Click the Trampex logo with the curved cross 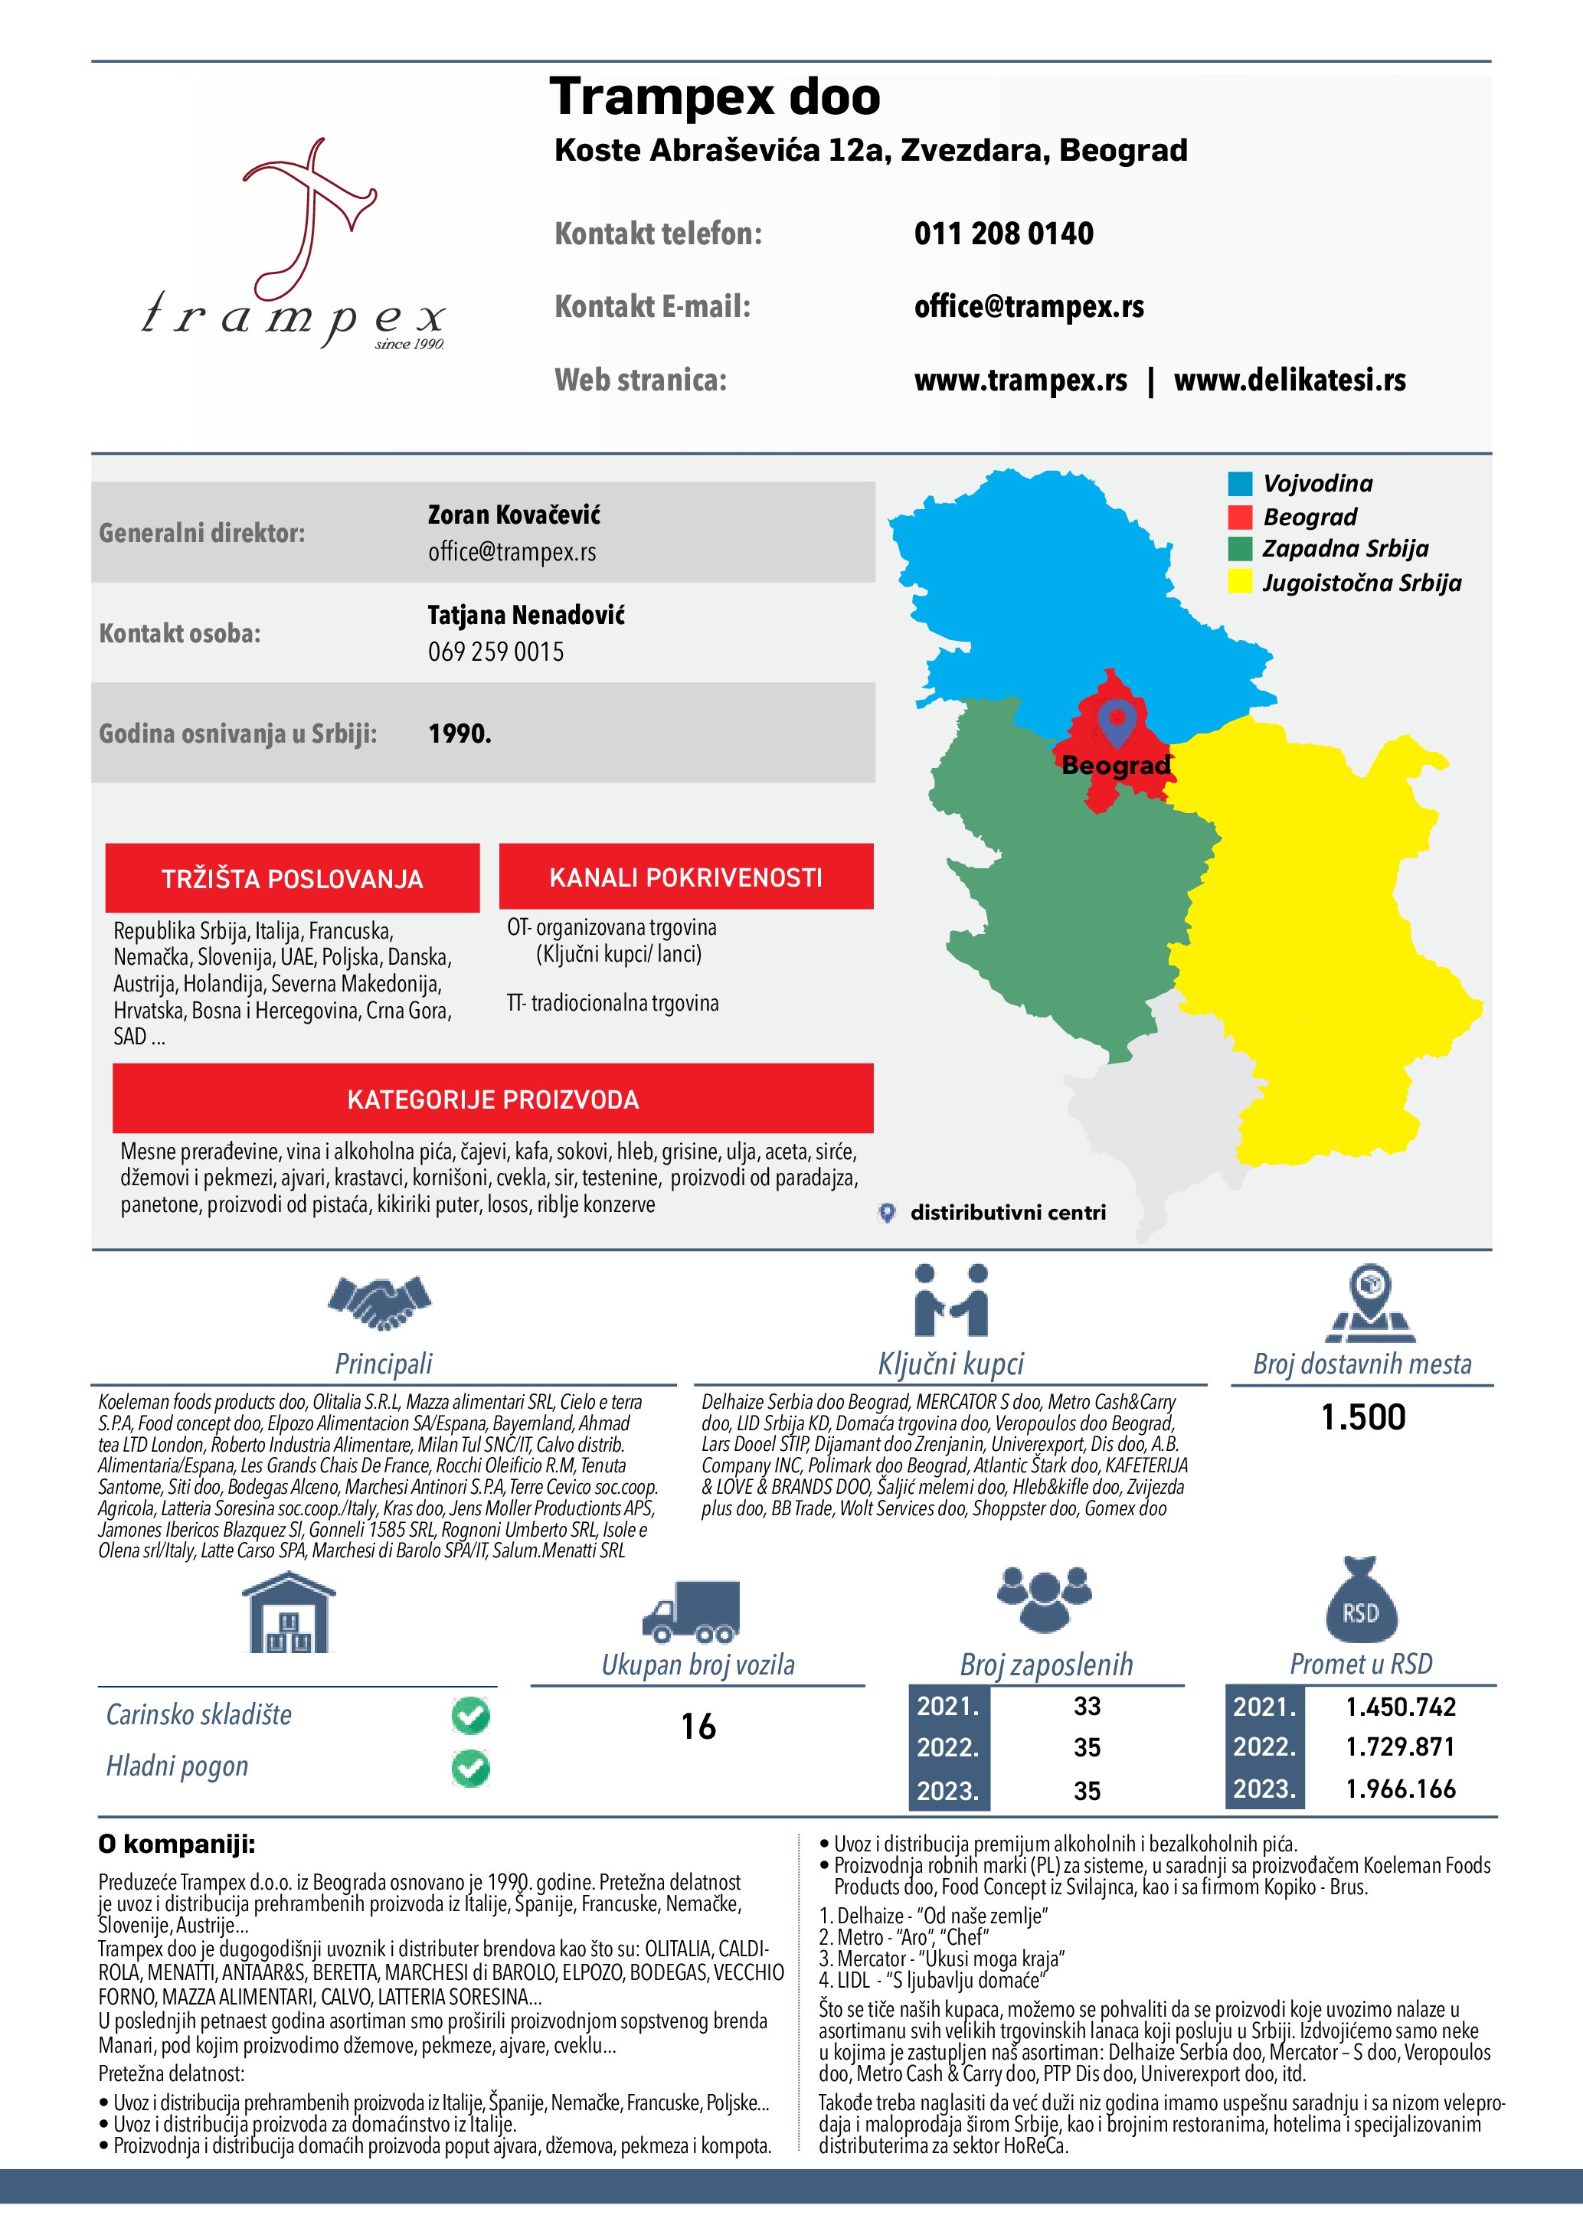[293, 243]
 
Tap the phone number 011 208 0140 [1003, 234]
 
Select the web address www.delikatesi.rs [1289, 381]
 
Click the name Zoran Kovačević [514, 515]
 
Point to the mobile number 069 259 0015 [496, 652]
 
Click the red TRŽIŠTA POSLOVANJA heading [293, 878]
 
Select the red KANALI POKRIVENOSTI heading [685, 877]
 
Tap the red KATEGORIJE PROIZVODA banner [492, 1099]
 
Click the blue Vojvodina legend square [1240, 483]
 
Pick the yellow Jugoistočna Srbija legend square [1240, 582]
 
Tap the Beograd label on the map [1115, 765]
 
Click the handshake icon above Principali [379, 1302]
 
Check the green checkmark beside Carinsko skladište [471, 1716]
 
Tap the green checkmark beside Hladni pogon [471, 1767]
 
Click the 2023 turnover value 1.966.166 [1400, 1789]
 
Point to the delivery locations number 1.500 [1362, 1417]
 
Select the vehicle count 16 [698, 1727]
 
